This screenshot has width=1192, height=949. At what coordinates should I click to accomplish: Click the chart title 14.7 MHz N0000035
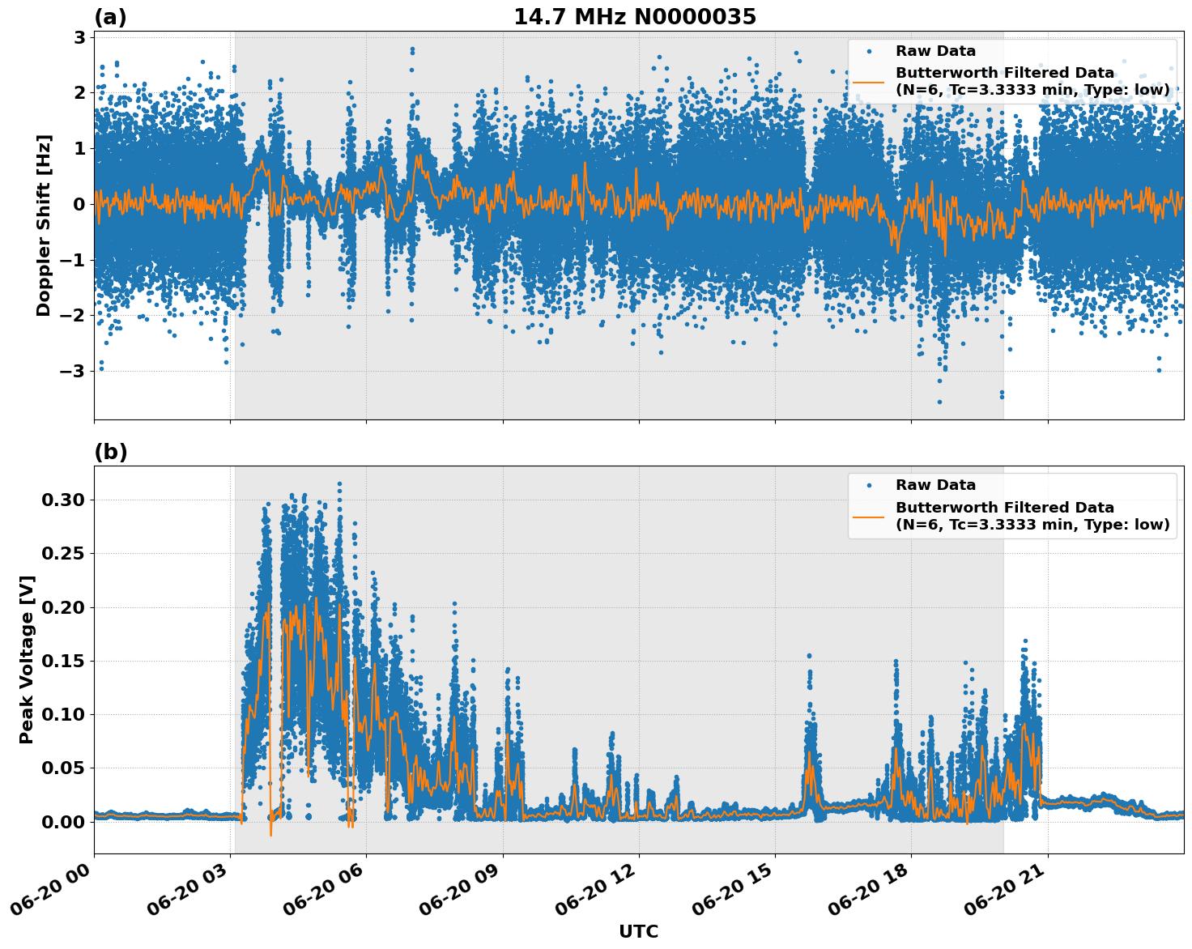pos(634,17)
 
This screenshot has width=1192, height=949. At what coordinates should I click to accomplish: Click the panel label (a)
pos(110,17)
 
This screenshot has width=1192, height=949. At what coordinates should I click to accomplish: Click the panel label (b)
pos(110,452)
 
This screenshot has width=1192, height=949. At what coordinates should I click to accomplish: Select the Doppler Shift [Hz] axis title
pos(44,225)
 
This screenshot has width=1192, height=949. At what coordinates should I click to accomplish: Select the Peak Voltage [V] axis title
pos(27,659)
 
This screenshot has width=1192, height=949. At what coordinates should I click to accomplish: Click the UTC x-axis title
pos(638,931)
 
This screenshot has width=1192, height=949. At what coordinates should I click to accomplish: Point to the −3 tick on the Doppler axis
pos(74,371)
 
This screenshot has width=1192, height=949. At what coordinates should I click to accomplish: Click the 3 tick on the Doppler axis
pos(79,37)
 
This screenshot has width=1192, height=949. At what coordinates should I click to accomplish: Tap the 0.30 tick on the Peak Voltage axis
pos(62,500)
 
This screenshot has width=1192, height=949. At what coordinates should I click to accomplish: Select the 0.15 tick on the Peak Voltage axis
pos(62,661)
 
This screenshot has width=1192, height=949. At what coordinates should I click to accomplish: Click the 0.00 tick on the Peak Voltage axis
pos(62,821)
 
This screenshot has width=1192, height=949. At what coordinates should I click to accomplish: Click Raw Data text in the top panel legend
pos(935,51)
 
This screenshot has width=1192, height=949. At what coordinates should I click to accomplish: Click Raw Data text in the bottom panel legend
pos(935,485)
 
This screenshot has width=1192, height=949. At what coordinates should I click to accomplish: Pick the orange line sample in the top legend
pos(868,81)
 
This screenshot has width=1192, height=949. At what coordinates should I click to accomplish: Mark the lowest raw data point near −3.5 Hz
pos(939,402)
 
